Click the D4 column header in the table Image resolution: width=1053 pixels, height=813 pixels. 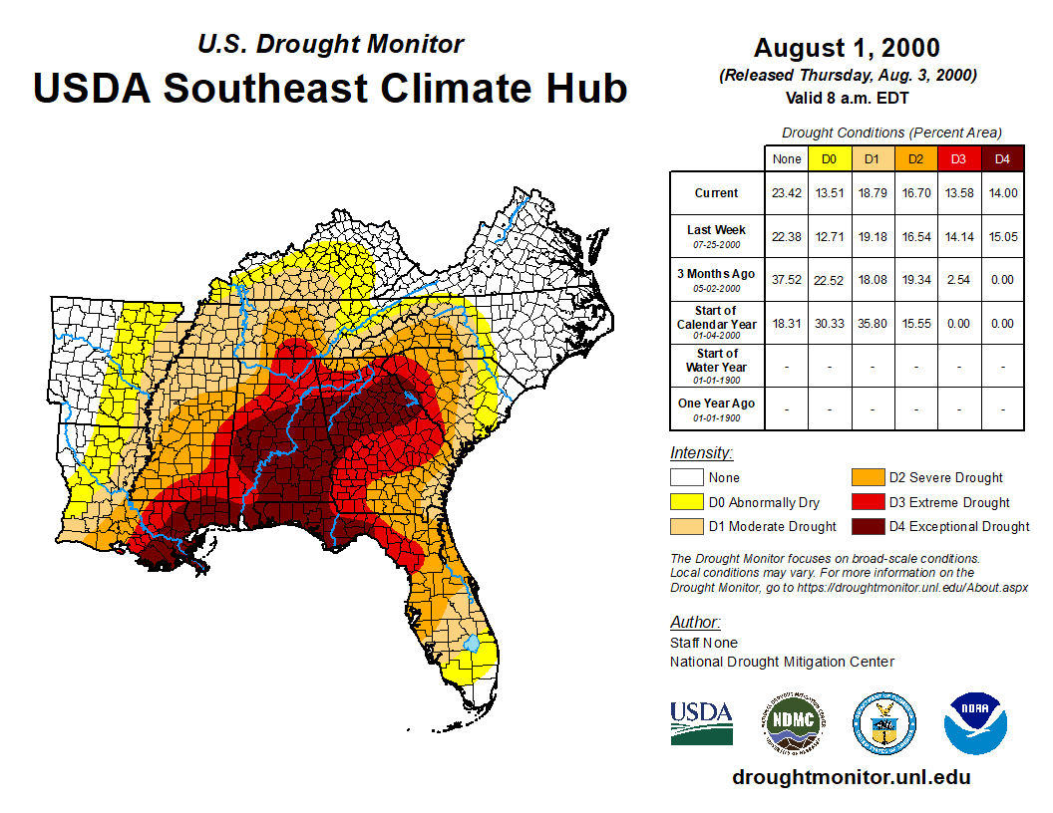coord(1002,159)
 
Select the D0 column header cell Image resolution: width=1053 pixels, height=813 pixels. coord(829,159)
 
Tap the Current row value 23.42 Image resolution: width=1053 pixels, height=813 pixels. coord(787,193)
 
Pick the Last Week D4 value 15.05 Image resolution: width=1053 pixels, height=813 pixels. coord(1002,237)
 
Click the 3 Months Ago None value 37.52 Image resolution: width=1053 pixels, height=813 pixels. coord(787,280)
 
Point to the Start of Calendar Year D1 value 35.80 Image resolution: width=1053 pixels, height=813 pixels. coord(872,323)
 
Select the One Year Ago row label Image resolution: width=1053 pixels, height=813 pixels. coord(717,408)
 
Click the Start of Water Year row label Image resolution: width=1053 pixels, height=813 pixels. coord(717,366)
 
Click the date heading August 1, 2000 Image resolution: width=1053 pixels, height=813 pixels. coord(847,48)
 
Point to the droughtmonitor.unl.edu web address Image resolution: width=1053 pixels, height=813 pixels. coord(851,777)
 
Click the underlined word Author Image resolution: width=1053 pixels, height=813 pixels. coord(695,623)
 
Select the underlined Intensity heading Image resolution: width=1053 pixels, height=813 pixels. coord(701,453)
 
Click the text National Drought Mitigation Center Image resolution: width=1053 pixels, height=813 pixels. coord(782,662)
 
